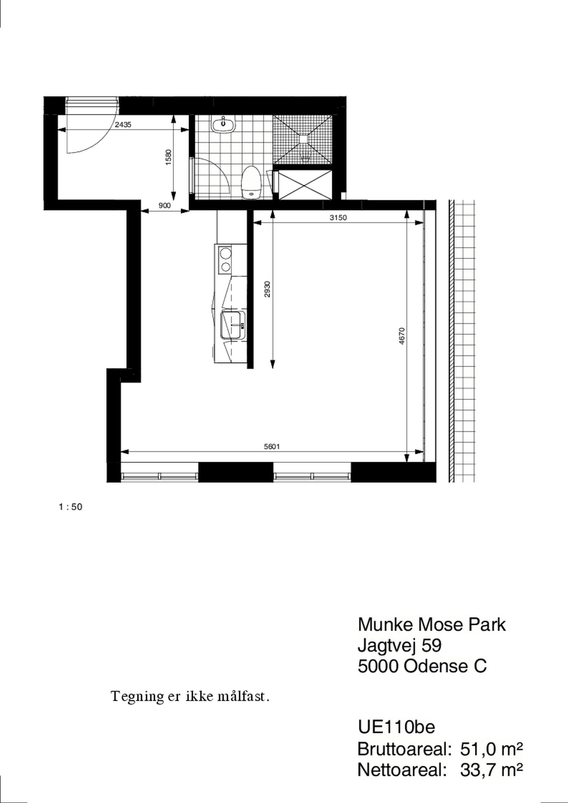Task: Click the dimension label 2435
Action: [123, 124]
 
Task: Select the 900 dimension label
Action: [165, 206]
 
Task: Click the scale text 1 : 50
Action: [71, 507]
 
